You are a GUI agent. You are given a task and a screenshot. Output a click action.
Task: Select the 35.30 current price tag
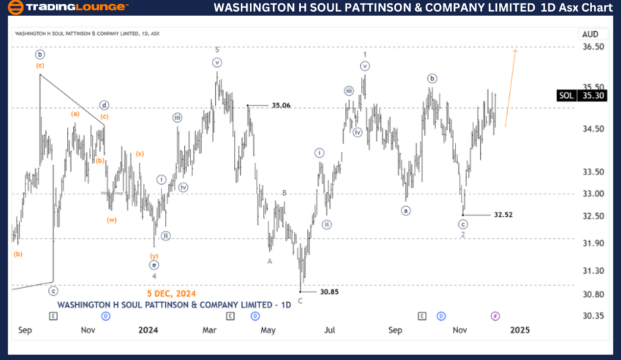point(593,96)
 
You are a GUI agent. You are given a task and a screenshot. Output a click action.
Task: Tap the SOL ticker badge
point(565,96)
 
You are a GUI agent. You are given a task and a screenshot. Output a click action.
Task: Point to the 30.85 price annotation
point(329,292)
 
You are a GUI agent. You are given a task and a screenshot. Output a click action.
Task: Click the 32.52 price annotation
point(503,215)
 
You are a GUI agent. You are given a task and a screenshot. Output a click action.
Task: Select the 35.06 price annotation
point(281,106)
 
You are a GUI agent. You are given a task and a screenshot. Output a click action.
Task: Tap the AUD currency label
point(590,34)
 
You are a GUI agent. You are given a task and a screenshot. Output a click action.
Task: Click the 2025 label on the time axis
point(520,330)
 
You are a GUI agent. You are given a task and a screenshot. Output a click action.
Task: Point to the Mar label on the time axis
point(210,330)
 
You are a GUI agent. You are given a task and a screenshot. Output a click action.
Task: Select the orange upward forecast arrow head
point(515,50)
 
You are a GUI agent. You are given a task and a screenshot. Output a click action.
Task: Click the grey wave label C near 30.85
point(300,301)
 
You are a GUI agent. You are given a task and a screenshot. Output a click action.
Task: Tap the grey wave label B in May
point(284,193)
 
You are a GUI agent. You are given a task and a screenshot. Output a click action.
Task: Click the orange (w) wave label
point(112,220)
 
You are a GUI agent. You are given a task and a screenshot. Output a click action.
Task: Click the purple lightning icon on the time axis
point(495,316)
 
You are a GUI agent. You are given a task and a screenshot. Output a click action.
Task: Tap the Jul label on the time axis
point(331,330)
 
